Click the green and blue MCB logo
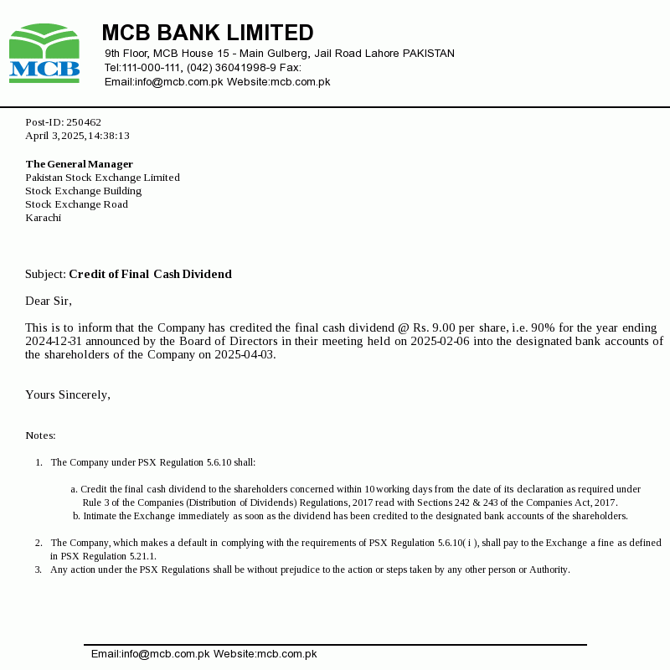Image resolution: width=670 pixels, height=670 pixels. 44,54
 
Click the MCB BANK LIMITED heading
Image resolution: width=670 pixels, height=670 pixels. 207,33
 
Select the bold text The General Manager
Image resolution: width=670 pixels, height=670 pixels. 79,164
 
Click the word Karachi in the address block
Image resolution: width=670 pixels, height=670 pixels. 43,218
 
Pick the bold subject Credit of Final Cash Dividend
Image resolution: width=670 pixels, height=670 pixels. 150,274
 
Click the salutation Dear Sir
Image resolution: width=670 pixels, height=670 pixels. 49,301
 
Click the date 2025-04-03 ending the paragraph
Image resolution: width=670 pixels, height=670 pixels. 245,354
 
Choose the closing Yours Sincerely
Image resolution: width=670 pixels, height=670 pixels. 68,394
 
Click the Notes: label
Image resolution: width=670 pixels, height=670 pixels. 40,435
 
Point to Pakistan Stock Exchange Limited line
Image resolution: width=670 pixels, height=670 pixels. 102,178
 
